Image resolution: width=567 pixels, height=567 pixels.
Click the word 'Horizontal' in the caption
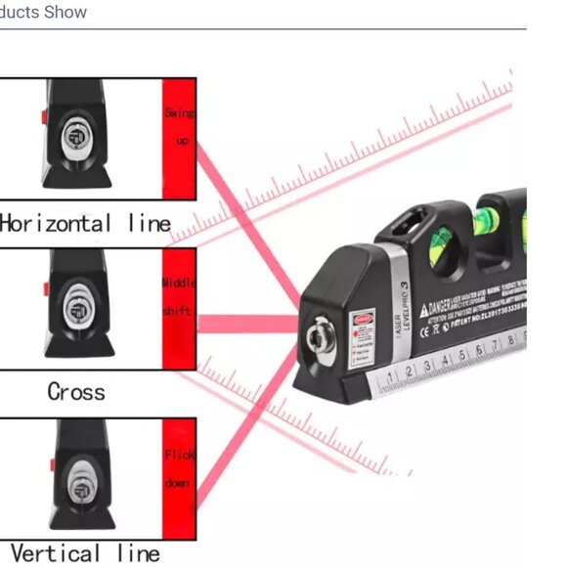[x=56, y=224]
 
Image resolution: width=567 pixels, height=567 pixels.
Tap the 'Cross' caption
[x=75, y=392]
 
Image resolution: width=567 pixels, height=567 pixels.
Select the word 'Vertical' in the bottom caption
[x=55, y=554]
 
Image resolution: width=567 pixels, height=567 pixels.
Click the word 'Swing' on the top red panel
[x=179, y=114]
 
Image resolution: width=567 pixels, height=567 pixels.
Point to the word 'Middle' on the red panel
[x=178, y=283]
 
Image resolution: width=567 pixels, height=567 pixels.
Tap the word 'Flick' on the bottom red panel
[x=179, y=455]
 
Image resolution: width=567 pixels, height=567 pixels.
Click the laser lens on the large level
[x=318, y=338]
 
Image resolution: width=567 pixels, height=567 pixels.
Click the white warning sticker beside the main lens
[x=364, y=332]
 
